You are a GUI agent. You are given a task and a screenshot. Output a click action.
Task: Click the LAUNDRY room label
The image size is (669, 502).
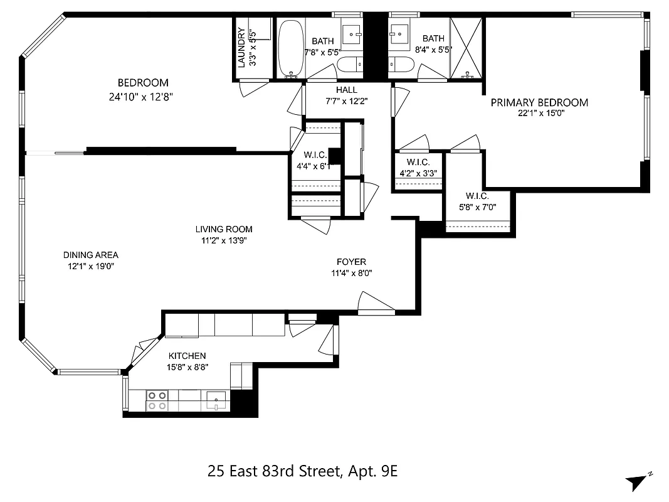tap(241, 47)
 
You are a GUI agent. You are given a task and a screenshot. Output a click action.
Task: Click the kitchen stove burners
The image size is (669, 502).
tap(157, 400)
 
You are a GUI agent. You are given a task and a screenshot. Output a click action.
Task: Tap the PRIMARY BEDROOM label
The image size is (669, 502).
tap(539, 103)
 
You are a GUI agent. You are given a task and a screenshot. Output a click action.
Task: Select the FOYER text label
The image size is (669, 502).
tap(351, 262)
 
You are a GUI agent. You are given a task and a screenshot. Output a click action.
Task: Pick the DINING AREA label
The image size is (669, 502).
tap(90, 255)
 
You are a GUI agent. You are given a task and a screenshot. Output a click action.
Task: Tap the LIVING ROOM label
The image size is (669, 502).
tap(224, 229)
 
